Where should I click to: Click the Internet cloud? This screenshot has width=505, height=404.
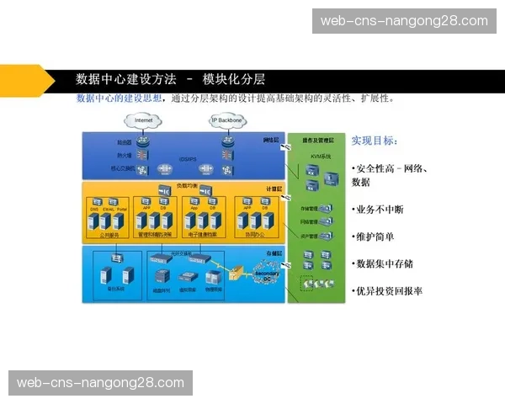[144, 121]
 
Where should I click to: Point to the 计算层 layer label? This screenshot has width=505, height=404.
[272, 189]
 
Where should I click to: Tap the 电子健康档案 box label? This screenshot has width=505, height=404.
[201, 235]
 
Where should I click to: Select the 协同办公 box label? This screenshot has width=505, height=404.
[254, 235]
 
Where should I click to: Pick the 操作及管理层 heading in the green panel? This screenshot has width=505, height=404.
[318, 139]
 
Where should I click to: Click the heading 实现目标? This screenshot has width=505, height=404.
[375, 141]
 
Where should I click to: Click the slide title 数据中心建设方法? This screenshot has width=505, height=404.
[126, 79]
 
